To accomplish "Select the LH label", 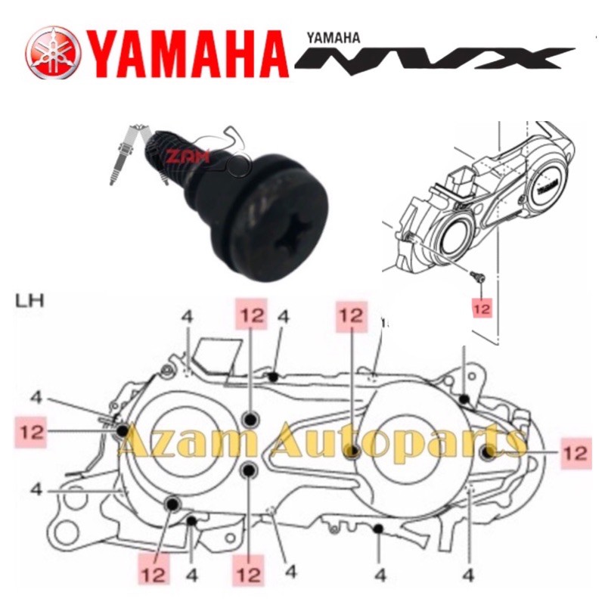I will click(x=29, y=301).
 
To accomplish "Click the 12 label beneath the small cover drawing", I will click(x=482, y=309).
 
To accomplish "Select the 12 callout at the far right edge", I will click(x=575, y=452).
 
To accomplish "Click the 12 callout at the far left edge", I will click(x=33, y=432).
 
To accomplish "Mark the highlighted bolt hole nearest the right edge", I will click(x=486, y=452).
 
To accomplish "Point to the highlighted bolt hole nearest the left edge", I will click(x=123, y=431).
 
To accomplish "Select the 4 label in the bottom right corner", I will click(x=469, y=576).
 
